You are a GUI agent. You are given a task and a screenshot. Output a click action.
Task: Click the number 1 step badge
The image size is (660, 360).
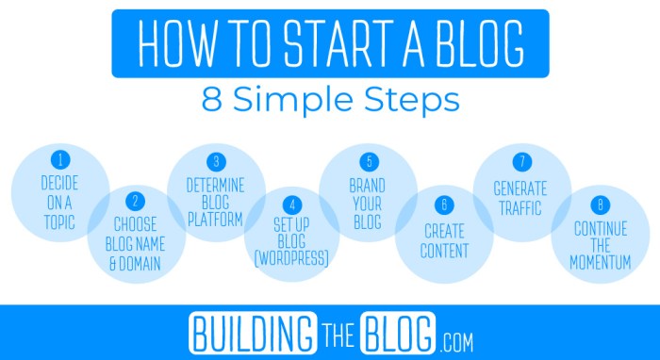60,159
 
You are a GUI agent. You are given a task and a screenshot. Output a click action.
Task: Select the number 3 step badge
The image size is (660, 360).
216,160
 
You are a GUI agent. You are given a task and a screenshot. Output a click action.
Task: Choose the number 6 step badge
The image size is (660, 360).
443,203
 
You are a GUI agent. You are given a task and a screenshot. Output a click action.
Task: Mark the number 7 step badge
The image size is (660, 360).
520,160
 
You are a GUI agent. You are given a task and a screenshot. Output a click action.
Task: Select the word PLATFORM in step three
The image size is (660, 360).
215,219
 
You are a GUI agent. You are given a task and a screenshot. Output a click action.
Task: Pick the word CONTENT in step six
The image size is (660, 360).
443,251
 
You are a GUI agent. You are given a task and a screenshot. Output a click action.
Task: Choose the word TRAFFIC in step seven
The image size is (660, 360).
520,208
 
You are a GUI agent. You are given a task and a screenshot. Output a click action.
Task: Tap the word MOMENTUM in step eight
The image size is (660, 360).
600,263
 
